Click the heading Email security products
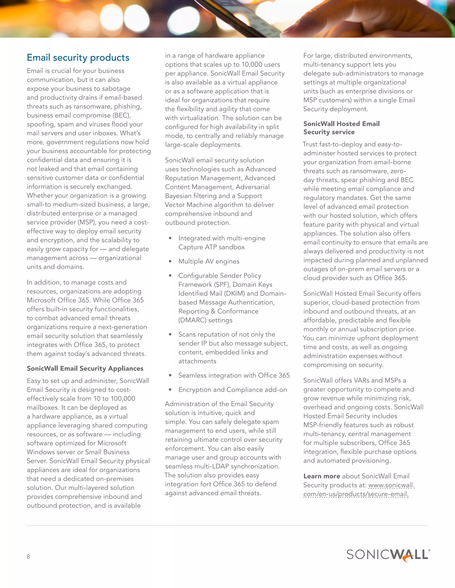pos(78,58)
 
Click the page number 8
pos(28,556)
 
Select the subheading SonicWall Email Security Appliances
pos(85,368)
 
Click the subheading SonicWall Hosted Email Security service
pos(341,128)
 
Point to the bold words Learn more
pos(321,476)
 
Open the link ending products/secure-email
pos(356,494)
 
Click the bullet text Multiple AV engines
pos(209,261)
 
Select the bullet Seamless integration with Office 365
pos(234,375)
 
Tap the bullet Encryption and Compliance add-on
pos(232,390)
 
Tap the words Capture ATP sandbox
pos(211,247)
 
